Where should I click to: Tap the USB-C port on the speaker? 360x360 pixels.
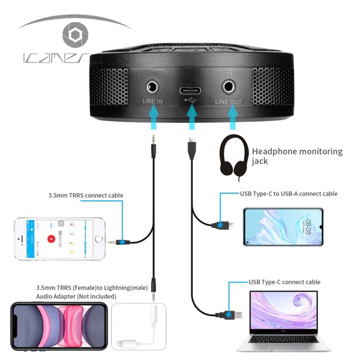(x=191, y=91)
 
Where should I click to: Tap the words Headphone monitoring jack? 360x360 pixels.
(x=297, y=156)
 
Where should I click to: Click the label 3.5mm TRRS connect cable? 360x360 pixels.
(x=86, y=195)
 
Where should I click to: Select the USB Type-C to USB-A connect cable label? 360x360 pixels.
(x=288, y=194)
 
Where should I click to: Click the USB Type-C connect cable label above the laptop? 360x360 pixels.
(x=284, y=281)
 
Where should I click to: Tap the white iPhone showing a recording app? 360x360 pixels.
(x=59, y=238)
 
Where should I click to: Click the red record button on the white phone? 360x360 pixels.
(x=53, y=239)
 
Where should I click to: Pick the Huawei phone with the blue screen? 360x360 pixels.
(x=283, y=227)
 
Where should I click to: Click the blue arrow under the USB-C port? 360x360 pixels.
(x=192, y=119)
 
